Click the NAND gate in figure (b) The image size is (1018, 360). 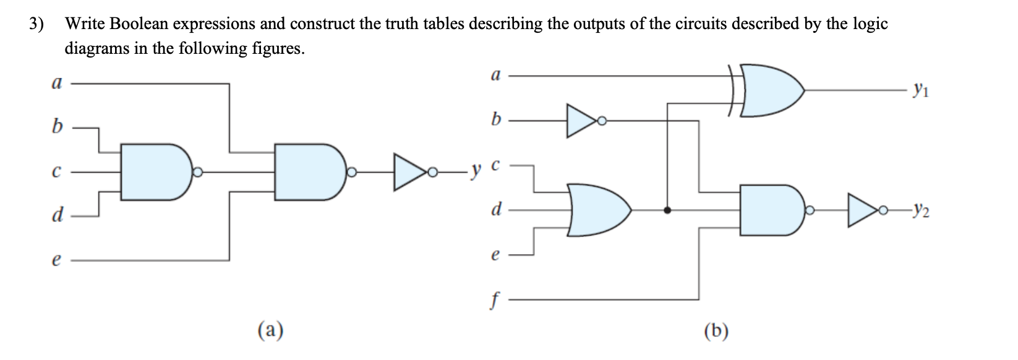tap(770, 210)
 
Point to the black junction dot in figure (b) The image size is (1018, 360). tap(667, 210)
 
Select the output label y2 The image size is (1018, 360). tap(920, 213)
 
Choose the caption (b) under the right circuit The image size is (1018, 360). tap(716, 330)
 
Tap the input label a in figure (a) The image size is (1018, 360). tap(56, 83)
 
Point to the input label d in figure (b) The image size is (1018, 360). tap(495, 209)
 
